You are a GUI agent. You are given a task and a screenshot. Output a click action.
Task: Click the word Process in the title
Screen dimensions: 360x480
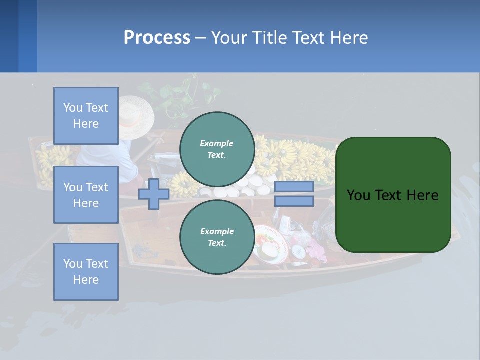point(157,37)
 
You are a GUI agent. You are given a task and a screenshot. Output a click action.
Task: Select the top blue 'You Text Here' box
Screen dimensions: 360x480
point(86,116)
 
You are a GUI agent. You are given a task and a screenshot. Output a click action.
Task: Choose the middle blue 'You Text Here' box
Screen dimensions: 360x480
point(86,195)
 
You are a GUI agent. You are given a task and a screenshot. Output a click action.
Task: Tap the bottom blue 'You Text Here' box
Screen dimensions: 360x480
point(86,271)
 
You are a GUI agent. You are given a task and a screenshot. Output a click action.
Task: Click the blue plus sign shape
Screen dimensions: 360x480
point(154,194)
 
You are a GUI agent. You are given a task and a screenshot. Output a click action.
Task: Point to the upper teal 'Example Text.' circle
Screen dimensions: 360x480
point(217,149)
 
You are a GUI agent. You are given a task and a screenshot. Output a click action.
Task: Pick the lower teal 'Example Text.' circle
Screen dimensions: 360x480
point(217,237)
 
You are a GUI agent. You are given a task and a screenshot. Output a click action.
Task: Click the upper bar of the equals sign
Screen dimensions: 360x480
point(294,187)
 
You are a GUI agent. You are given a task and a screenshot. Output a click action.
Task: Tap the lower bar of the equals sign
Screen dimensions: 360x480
point(294,201)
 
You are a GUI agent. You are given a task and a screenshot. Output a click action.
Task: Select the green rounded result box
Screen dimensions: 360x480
point(393,194)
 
